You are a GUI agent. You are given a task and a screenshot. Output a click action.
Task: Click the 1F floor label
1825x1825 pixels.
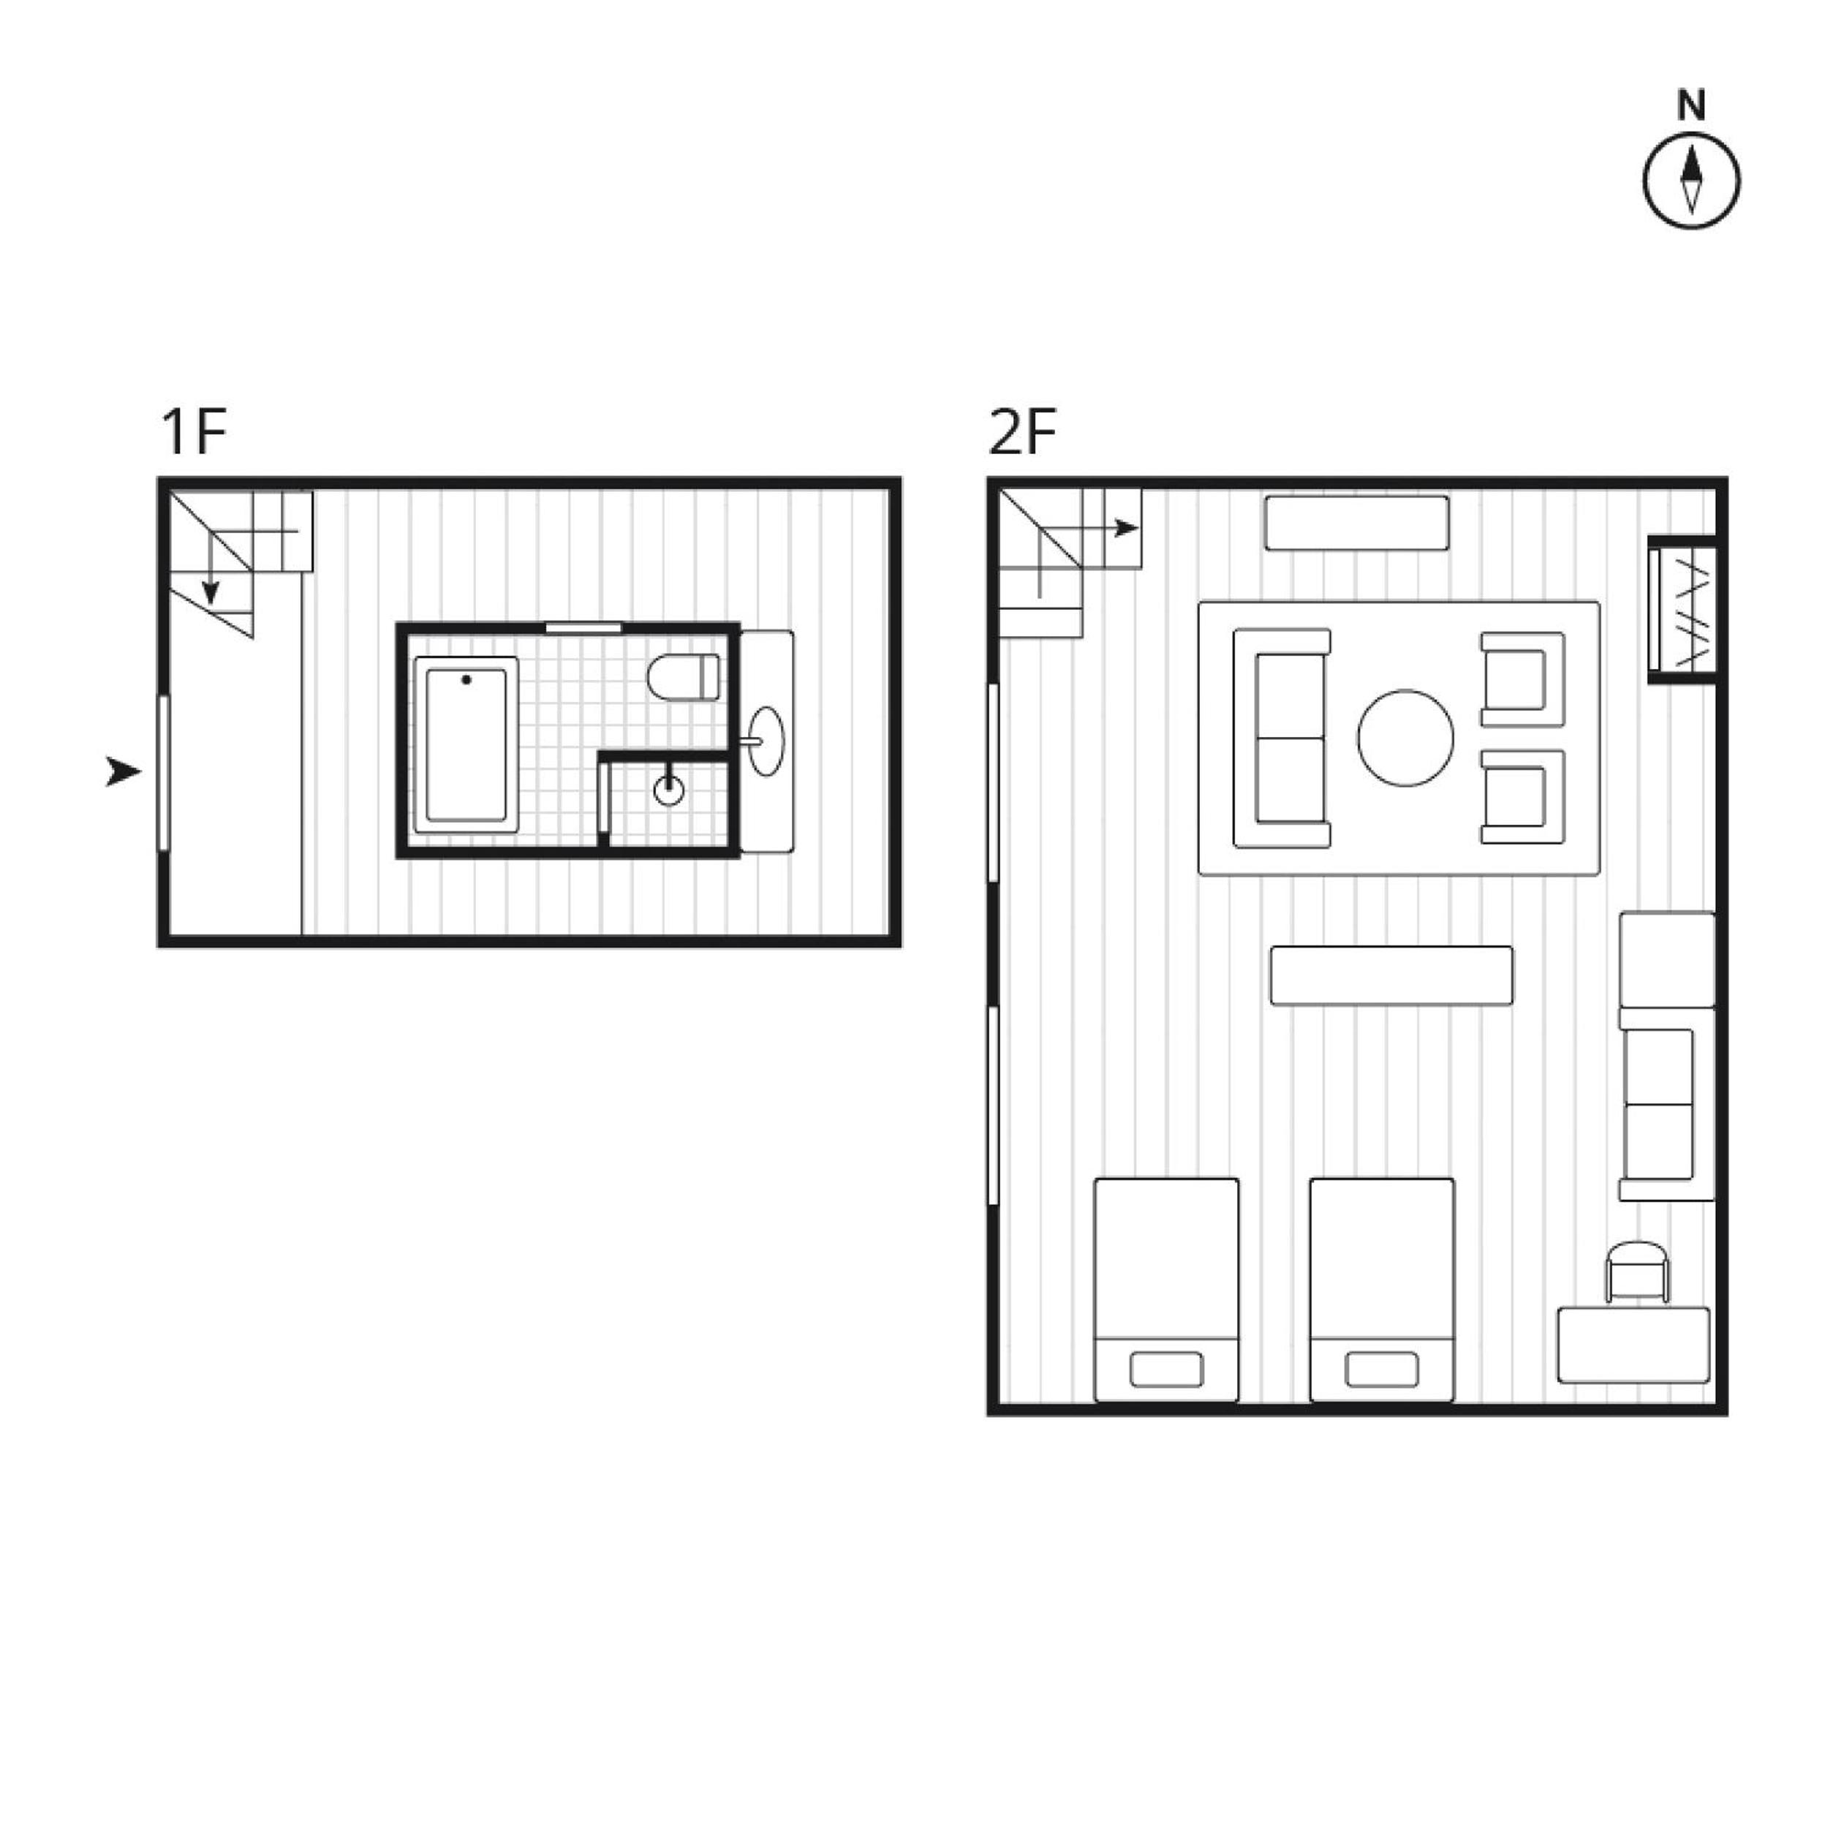tap(194, 433)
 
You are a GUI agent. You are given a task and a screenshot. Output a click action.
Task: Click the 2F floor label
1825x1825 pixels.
tap(1022, 433)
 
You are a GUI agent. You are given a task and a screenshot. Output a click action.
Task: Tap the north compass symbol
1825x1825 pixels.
tap(1692, 181)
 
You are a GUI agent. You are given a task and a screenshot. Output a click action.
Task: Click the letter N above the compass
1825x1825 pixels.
tap(1692, 107)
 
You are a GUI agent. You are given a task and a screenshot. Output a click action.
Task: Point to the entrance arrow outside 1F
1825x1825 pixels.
tap(122, 772)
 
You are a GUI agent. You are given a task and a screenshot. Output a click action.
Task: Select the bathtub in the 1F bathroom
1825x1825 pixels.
tap(466, 744)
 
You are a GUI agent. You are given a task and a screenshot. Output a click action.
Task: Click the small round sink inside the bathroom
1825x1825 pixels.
tap(669, 790)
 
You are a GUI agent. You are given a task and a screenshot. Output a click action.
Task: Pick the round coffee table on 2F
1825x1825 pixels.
tap(1405, 738)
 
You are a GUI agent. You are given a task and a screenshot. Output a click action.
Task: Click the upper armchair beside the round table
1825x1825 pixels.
tap(1522, 679)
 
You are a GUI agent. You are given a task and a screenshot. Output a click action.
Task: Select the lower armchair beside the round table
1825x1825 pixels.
tap(1522, 796)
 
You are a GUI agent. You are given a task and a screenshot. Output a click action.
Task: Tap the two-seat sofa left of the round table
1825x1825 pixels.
tap(1282, 738)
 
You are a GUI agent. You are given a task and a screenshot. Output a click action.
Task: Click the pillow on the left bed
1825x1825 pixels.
tap(1167, 1369)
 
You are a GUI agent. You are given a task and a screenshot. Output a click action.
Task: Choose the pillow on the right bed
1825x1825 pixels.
tap(1382, 1369)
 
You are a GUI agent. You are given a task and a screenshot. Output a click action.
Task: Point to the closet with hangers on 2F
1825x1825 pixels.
tap(1682, 609)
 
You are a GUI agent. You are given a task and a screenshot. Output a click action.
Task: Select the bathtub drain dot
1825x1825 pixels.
tap(466, 679)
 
